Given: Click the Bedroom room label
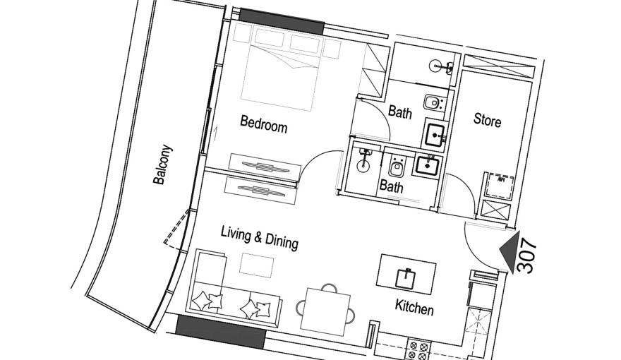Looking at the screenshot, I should pos(263,124).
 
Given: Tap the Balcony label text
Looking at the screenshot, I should pos(162,165).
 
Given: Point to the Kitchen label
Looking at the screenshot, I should pos(414,308).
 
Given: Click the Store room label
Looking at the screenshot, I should pos(487,121).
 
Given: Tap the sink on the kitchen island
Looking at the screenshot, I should pos(408,275).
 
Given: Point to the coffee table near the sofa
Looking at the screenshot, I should pos(256,265).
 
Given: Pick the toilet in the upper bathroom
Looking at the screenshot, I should pos(432,104).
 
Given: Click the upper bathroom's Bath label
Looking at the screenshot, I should pos(400,112).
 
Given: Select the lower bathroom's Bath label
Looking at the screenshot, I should pos(391,187).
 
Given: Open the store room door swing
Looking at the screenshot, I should pos(455,194).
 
